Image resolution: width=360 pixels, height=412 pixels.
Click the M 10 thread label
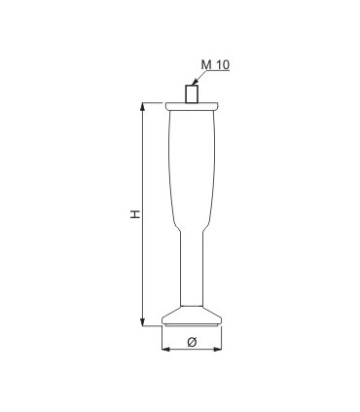[x=215, y=64]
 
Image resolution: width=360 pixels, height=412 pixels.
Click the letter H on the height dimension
[x=135, y=214]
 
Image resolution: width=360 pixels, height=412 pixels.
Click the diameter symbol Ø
[x=192, y=342]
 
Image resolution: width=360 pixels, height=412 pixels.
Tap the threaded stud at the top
[x=192, y=94]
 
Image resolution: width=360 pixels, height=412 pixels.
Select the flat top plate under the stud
[x=192, y=106]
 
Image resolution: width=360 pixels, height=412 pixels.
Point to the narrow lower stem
[x=192, y=269]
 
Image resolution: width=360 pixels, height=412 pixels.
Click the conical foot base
[x=192, y=315]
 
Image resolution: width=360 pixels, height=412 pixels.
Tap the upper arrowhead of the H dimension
[x=142, y=107]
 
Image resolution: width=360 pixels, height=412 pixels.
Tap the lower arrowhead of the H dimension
[x=142, y=322]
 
